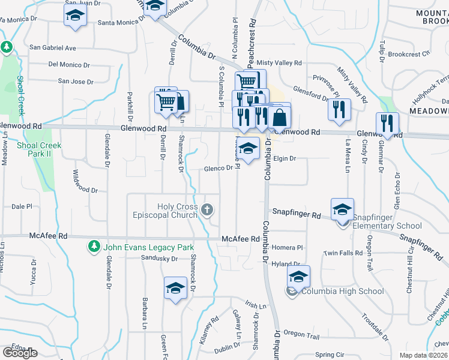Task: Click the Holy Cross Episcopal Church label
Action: tap(177, 211)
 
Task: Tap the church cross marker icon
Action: tap(207, 210)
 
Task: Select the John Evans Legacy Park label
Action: tap(148, 247)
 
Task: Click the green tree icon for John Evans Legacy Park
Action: tap(94, 246)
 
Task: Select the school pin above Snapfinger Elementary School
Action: tap(342, 209)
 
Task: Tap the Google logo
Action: tap(20, 353)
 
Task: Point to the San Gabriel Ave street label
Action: tap(53, 47)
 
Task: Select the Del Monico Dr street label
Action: tap(69, 64)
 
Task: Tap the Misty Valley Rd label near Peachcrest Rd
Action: tap(279, 62)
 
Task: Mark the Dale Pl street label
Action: tap(22, 206)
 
